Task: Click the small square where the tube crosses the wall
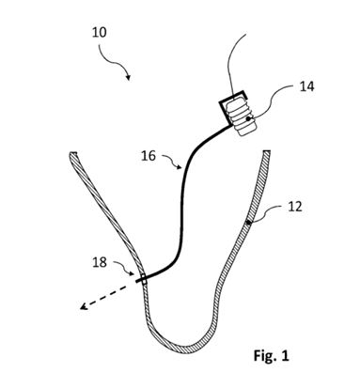point(144,278)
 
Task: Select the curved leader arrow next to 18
point(127,270)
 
